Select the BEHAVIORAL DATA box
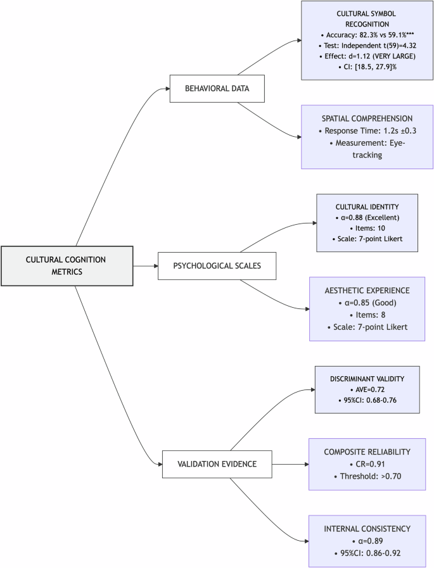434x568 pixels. pos(217,89)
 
